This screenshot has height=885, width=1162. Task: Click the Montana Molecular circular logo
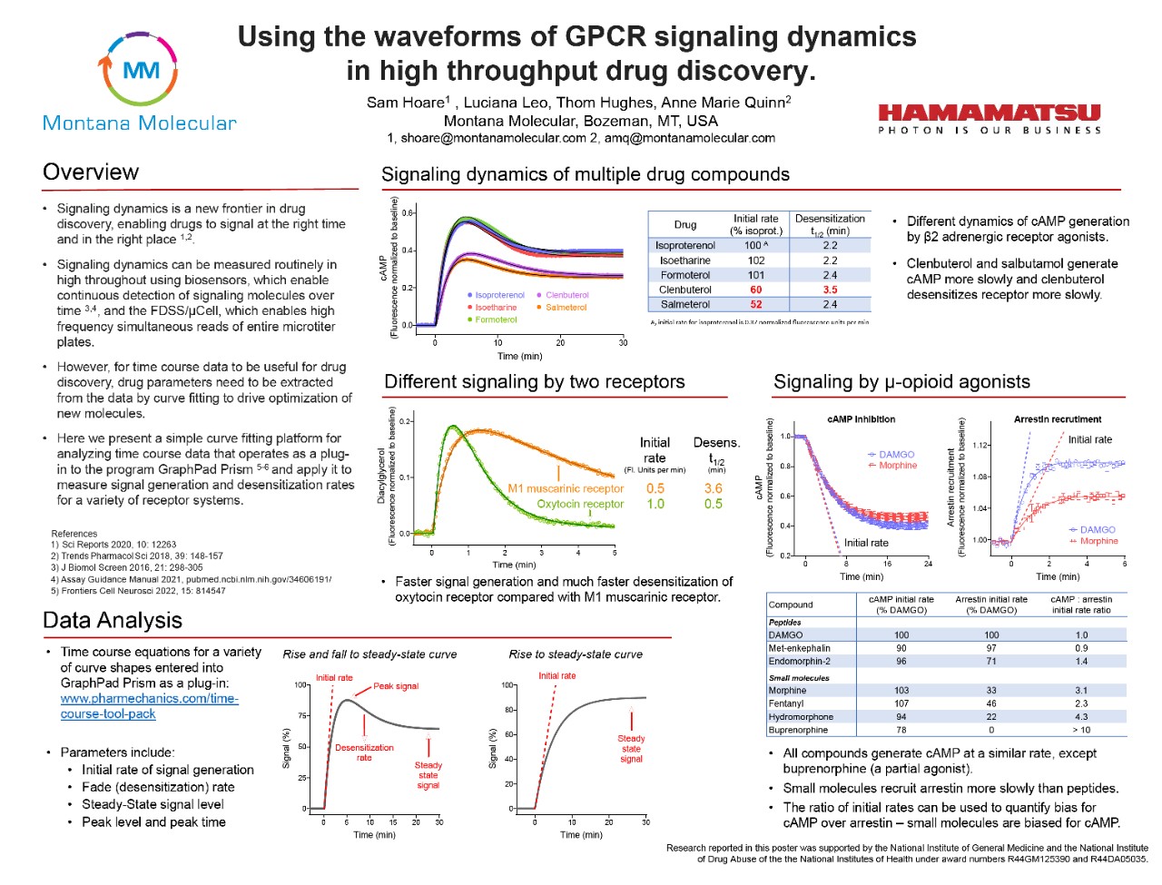pyautogui.click(x=140, y=70)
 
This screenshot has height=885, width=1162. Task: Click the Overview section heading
pyautogui.click(x=91, y=172)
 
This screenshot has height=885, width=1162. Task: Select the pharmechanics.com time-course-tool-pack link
pyautogui.click(x=149, y=706)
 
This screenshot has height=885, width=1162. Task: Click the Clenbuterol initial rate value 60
pyautogui.click(x=755, y=290)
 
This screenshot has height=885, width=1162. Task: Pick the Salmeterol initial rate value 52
pyautogui.click(x=755, y=304)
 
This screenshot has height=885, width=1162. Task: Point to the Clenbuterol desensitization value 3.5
pyautogui.click(x=830, y=290)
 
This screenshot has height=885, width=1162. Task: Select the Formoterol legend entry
pyautogui.click(x=495, y=320)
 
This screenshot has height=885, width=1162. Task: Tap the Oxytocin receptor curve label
pyautogui.click(x=580, y=504)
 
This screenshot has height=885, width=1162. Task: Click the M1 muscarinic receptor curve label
pyautogui.click(x=566, y=488)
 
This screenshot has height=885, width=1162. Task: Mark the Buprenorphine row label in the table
pyautogui.click(x=798, y=730)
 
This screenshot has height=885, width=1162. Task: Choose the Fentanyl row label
pyautogui.click(x=786, y=703)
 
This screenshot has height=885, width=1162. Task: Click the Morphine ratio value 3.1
pyautogui.click(x=1081, y=691)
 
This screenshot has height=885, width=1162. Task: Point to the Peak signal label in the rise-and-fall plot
pyautogui.click(x=396, y=686)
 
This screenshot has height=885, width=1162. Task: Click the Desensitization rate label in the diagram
pyautogui.click(x=364, y=752)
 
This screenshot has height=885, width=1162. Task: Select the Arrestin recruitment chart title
pyautogui.click(x=1058, y=419)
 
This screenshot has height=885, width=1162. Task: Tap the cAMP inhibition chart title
pyautogui.click(x=861, y=419)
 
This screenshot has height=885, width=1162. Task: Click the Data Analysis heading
pyautogui.click(x=113, y=621)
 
